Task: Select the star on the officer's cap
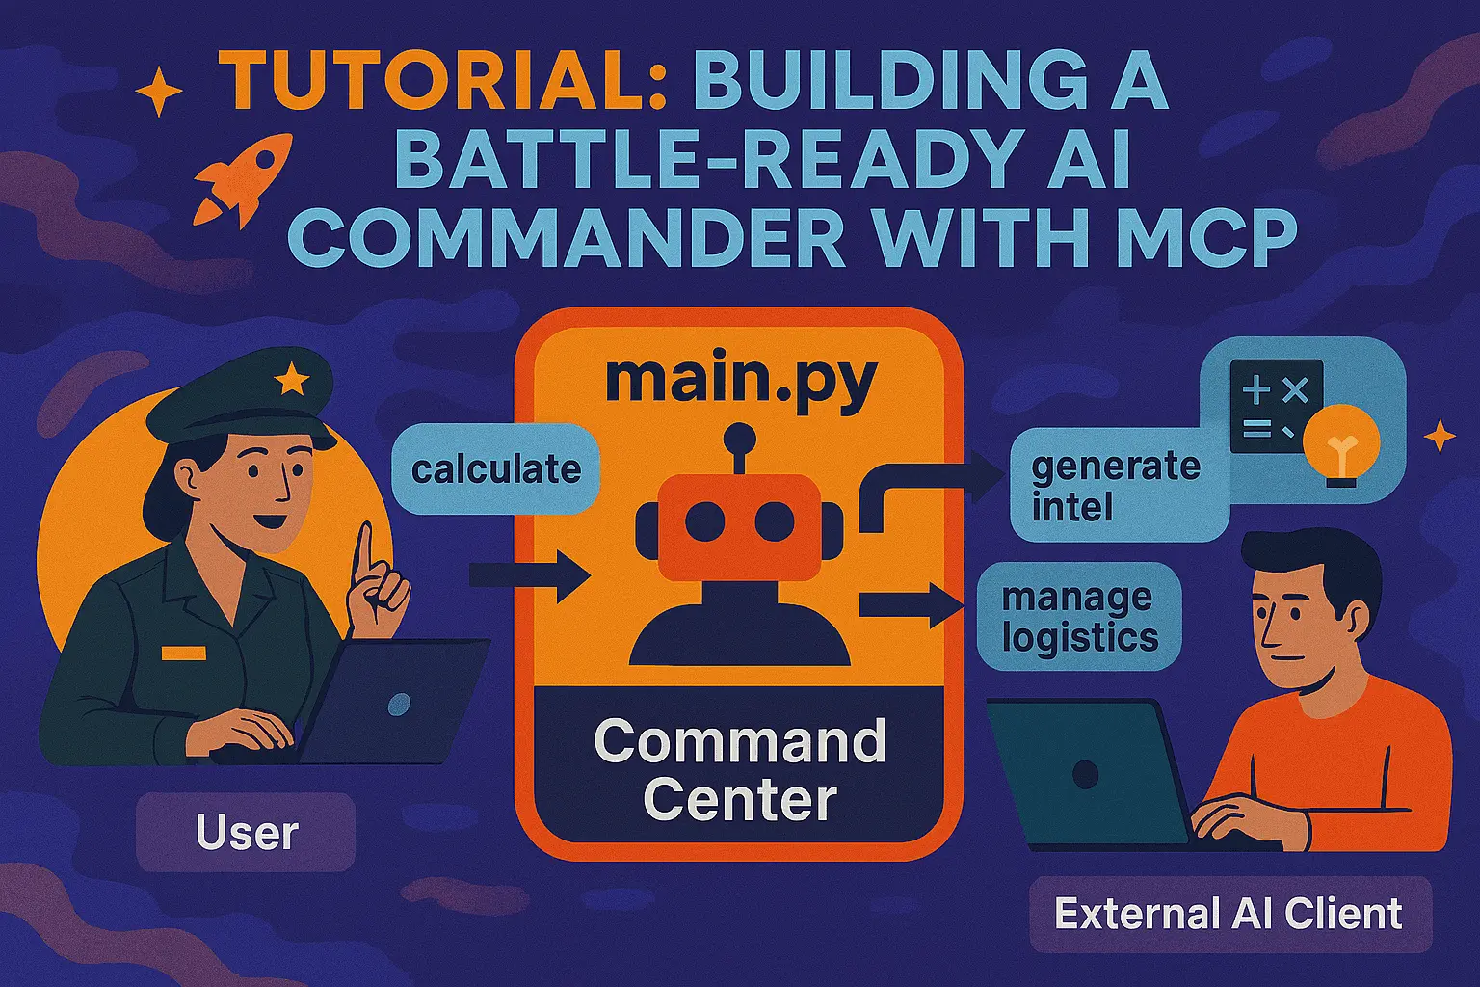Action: (x=292, y=380)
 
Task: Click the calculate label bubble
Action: (x=495, y=468)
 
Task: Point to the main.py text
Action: (x=741, y=379)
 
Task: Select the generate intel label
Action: (x=1117, y=485)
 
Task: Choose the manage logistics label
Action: (x=1079, y=617)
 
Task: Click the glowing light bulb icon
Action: (x=1342, y=444)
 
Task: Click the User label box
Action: (x=246, y=833)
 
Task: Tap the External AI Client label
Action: (x=1229, y=914)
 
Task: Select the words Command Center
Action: (x=740, y=770)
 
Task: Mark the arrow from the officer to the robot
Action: (x=530, y=575)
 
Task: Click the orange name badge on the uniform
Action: (x=184, y=654)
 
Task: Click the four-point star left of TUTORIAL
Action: (x=159, y=92)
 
